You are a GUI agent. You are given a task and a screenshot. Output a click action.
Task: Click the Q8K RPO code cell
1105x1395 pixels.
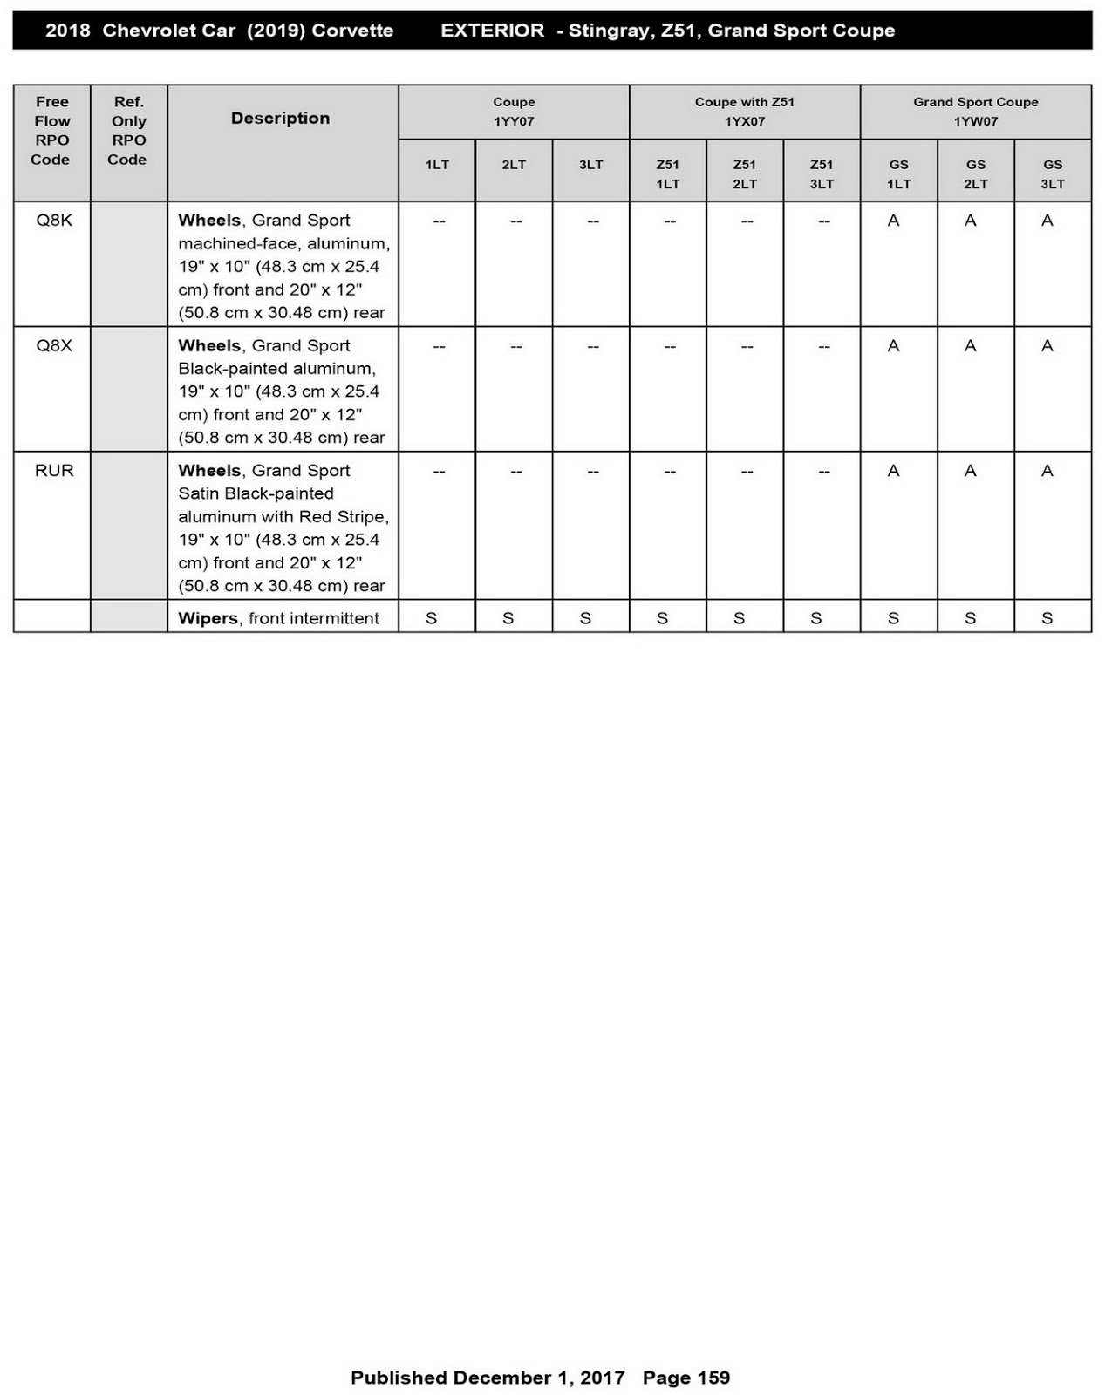pos(53,221)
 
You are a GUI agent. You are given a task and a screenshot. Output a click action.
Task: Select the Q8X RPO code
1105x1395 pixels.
pos(53,345)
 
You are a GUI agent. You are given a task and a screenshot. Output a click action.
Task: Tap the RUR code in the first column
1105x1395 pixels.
pos(53,471)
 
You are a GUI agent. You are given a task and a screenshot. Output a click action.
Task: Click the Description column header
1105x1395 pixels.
pos(280,119)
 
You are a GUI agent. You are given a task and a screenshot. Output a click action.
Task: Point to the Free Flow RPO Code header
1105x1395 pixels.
pos(51,131)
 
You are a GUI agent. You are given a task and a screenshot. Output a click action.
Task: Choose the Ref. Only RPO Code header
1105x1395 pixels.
pos(128,131)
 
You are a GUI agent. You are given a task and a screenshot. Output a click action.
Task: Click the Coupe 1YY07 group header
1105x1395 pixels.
pos(514,112)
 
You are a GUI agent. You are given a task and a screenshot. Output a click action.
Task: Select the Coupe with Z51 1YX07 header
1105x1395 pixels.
pos(744,112)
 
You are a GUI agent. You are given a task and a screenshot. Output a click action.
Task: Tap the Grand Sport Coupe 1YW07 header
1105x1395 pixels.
pos(975,112)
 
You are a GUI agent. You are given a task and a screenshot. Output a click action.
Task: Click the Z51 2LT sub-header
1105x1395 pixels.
pos(744,174)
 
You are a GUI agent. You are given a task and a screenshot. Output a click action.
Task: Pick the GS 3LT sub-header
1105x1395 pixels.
pos(1052,174)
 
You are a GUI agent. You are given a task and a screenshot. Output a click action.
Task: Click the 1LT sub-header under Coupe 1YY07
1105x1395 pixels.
pos(437,165)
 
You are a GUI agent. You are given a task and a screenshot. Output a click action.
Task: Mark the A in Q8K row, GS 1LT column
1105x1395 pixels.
pos(893,221)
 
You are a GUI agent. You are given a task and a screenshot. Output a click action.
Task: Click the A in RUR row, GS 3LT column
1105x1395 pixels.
pos(1047,471)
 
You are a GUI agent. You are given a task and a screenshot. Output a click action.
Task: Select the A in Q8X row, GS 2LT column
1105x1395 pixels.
pos(970,345)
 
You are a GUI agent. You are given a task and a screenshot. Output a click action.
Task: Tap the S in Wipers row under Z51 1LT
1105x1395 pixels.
pos(662,618)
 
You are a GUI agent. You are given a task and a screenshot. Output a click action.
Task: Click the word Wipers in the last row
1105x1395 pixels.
pos(208,618)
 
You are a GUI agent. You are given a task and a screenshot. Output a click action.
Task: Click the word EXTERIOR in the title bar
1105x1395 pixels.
pos(492,31)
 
